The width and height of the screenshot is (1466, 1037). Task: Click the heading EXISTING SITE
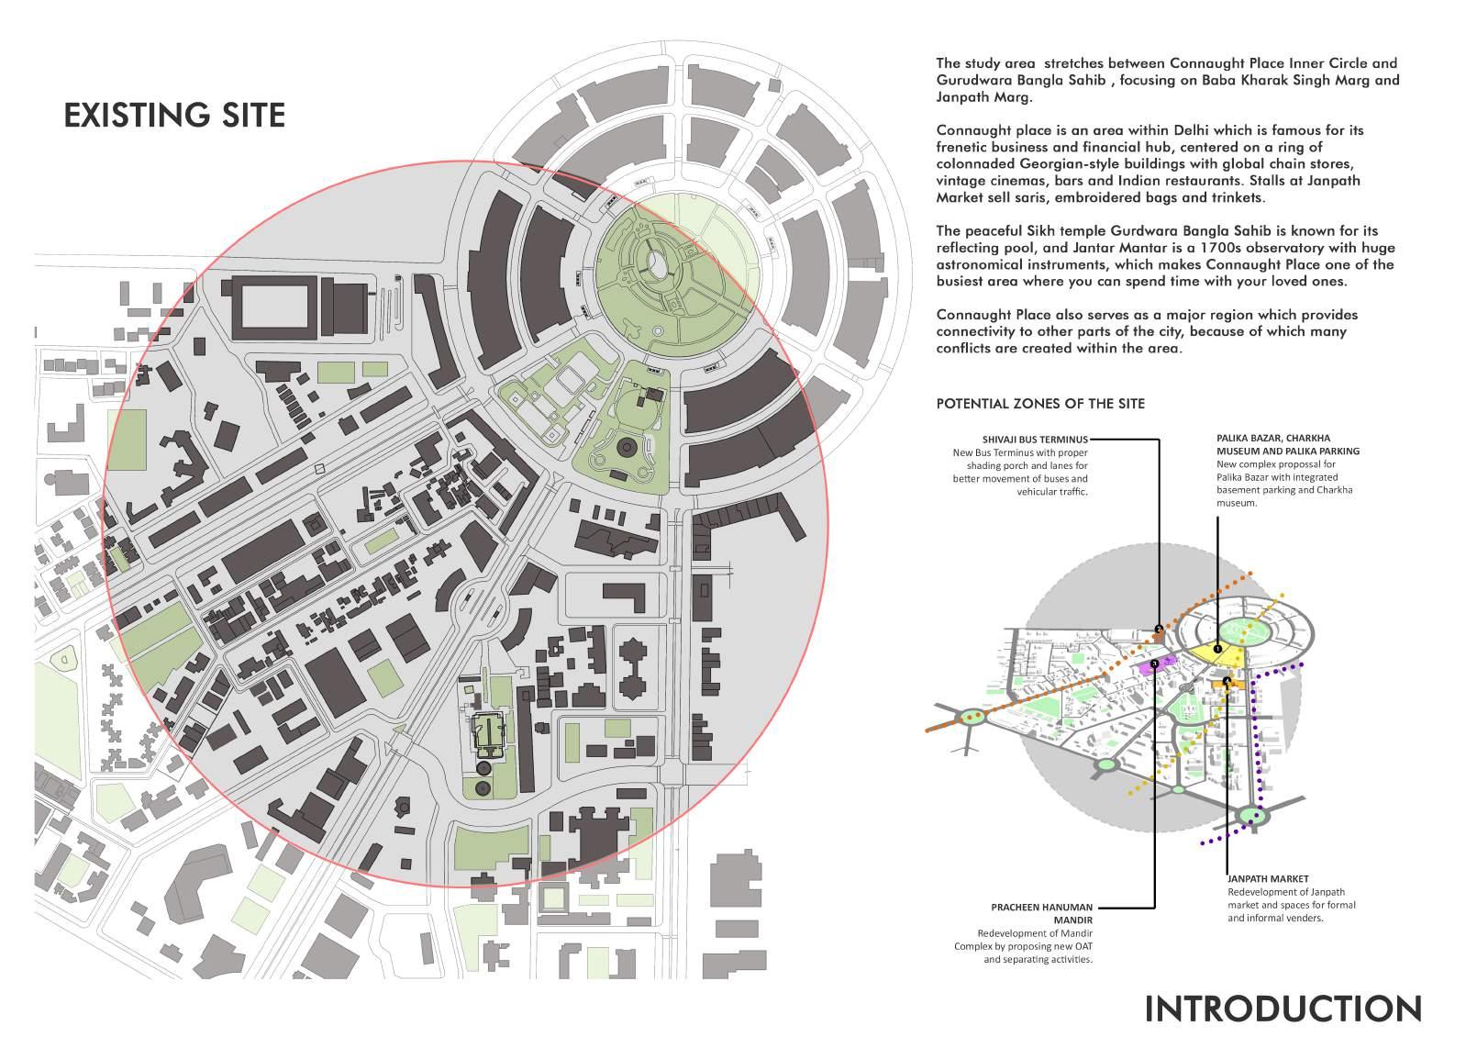click(x=174, y=116)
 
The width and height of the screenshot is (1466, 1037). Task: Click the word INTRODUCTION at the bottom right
click(x=1283, y=1008)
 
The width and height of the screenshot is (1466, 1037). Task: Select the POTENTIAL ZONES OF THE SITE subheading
click(x=1040, y=404)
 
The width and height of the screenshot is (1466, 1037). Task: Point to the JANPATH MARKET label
click(x=1268, y=878)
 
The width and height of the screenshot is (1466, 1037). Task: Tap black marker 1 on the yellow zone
click(x=1217, y=649)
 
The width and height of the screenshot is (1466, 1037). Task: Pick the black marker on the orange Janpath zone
click(x=1227, y=680)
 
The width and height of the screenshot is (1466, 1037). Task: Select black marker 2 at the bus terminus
click(x=1159, y=629)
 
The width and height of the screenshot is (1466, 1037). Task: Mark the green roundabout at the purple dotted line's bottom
click(x=1252, y=815)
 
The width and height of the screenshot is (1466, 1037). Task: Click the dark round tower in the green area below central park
click(x=627, y=447)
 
